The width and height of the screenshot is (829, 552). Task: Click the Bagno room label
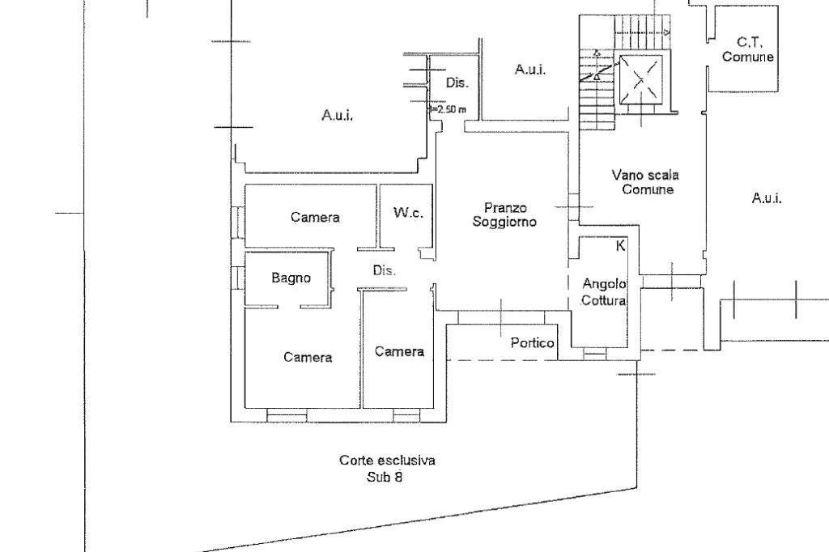pos(291,278)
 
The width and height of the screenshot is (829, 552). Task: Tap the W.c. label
pos(408,213)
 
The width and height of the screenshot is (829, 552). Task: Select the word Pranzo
pos(505,208)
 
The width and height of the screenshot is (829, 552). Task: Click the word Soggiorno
pos(504,222)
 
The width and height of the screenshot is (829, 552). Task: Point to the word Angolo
pos(604,284)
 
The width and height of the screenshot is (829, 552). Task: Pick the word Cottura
pos(604,300)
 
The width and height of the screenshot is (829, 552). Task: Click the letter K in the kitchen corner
pos(621,245)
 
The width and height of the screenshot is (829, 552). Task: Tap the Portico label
pos(533,343)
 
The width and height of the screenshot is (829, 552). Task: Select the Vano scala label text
pos(645,175)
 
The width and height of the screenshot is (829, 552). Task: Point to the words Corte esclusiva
pos(388,461)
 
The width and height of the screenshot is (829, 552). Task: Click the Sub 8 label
pos(385,477)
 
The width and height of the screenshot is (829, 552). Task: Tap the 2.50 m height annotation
pos(448,110)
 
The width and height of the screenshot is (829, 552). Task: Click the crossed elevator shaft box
pos(640,79)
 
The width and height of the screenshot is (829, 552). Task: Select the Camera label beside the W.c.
pos(315,217)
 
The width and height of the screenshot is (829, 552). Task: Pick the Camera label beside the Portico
pos(399,351)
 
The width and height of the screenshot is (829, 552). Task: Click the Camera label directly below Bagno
pos(308,358)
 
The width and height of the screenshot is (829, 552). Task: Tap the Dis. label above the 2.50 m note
pos(457,83)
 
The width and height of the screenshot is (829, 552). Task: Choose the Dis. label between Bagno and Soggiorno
pos(385,270)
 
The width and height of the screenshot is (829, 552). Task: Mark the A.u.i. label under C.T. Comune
pos(767,198)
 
